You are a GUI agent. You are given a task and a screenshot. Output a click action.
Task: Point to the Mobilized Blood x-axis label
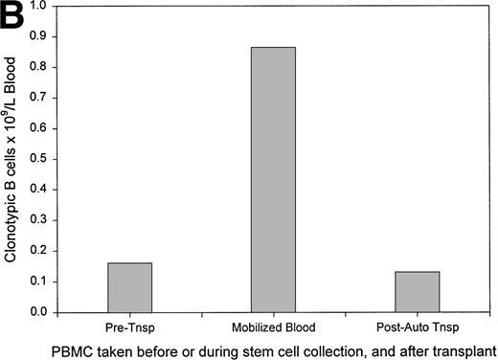click(x=273, y=323)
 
